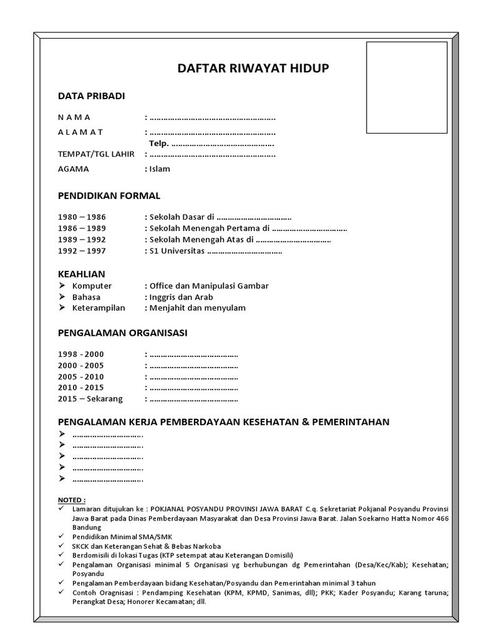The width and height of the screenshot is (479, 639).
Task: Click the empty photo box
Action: coord(406,87)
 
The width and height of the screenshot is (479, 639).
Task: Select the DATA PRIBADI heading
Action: coord(91,96)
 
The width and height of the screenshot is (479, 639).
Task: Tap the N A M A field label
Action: coord(74,117)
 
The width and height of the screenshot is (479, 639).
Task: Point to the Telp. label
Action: coord(158,144)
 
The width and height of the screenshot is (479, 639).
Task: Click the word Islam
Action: coord(160,168)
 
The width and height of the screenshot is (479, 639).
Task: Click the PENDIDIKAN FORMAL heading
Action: coord(109,196)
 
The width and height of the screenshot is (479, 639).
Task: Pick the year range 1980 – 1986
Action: coord(82,217)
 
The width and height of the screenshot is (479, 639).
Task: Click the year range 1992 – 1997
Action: coord(82,251)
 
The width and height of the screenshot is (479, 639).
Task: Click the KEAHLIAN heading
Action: coord(81,274)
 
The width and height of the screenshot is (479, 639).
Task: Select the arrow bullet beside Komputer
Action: coord(62,286)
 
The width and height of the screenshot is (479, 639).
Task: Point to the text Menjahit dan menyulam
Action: coord(197,308)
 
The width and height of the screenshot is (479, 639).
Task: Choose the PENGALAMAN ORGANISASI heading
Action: coord(122,333)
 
